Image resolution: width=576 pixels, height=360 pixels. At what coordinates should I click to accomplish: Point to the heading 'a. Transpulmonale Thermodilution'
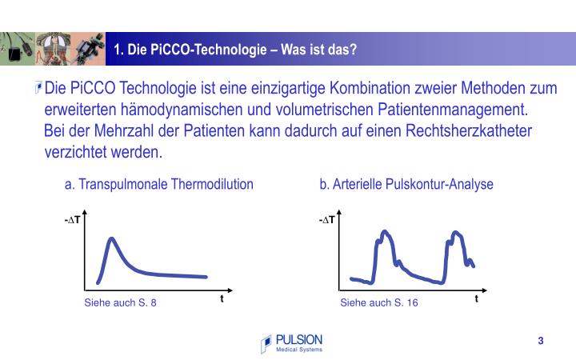pos(159,184)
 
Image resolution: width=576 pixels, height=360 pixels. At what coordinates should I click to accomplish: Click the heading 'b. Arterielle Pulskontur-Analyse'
pos(406,184)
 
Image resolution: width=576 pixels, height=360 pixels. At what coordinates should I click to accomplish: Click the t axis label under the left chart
pos(222,298)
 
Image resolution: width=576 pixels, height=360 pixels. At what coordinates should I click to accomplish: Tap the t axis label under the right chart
pos(476,298)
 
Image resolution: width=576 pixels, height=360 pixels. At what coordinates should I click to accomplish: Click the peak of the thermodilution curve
pos(112,238)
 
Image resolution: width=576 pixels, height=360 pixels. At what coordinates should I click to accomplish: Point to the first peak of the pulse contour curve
pos(386,233)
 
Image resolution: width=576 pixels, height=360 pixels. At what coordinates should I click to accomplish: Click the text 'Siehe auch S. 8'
pos(121,302)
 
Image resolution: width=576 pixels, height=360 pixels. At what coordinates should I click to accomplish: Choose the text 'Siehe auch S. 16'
pos(379,302)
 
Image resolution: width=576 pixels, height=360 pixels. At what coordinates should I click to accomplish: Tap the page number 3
pos(541,342)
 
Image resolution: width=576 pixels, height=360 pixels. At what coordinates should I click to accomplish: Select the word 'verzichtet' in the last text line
pos(78,151)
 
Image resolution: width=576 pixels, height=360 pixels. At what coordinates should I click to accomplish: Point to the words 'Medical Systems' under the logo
pos(298,350)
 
